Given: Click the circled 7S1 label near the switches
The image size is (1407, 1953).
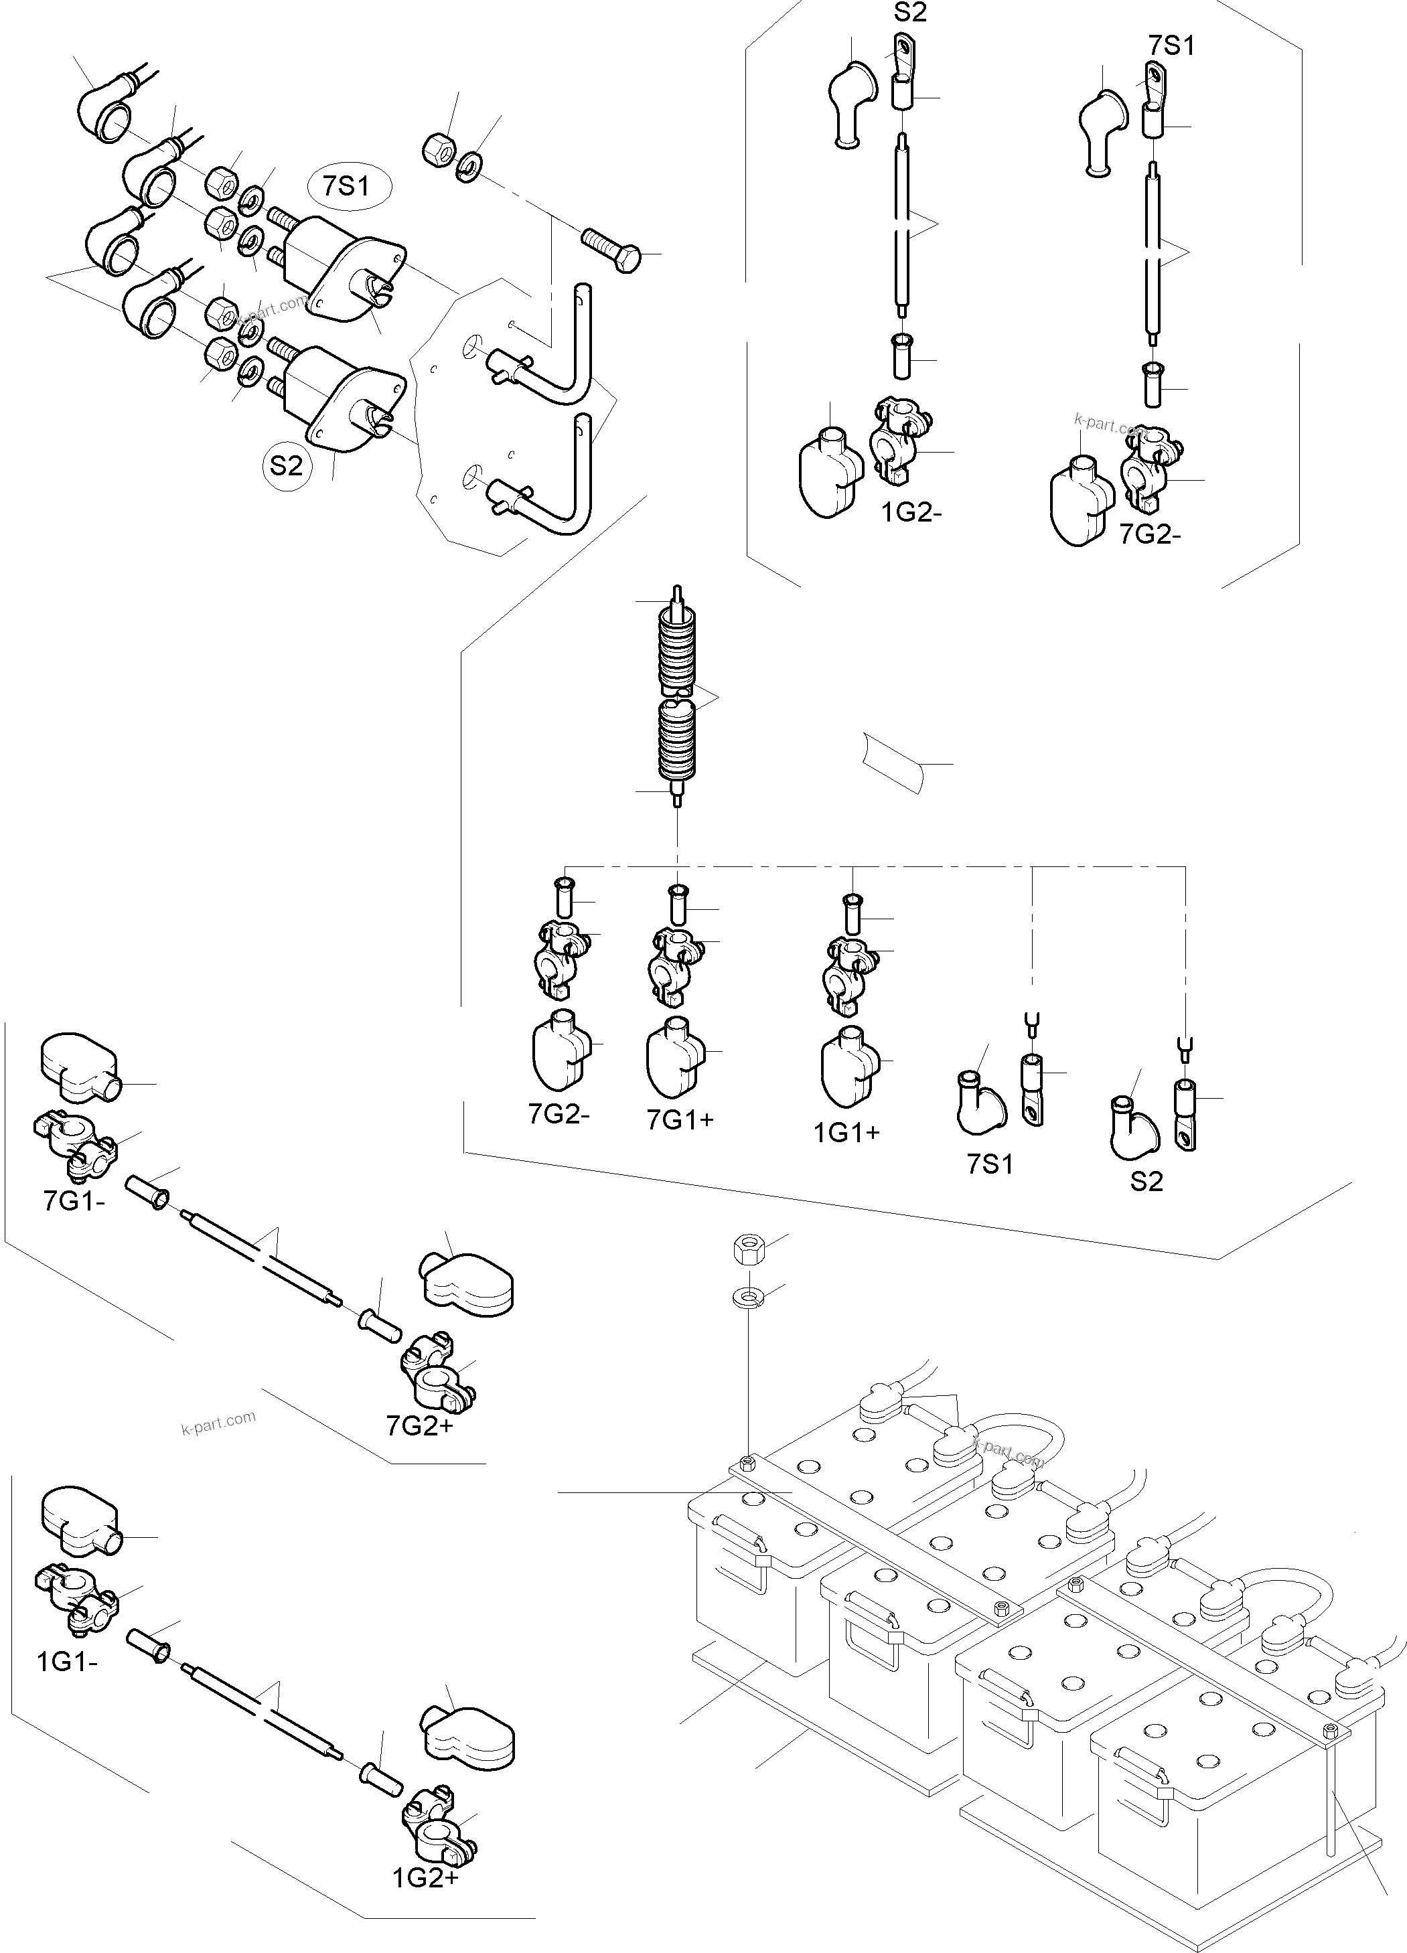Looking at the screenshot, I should [346, 185].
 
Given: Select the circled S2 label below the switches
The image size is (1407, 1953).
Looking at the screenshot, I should [287, 466].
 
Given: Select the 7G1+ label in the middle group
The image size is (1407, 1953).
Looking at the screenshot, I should [680, 1119].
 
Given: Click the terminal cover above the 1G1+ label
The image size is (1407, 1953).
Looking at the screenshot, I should [848, 1063].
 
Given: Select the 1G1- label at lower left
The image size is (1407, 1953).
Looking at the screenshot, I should [67, 1661].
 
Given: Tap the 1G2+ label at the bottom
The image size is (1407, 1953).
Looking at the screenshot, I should [425, 1878].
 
